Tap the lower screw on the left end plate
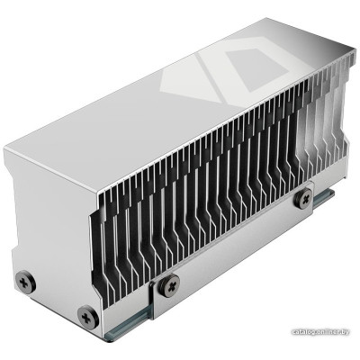coord(87,314)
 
